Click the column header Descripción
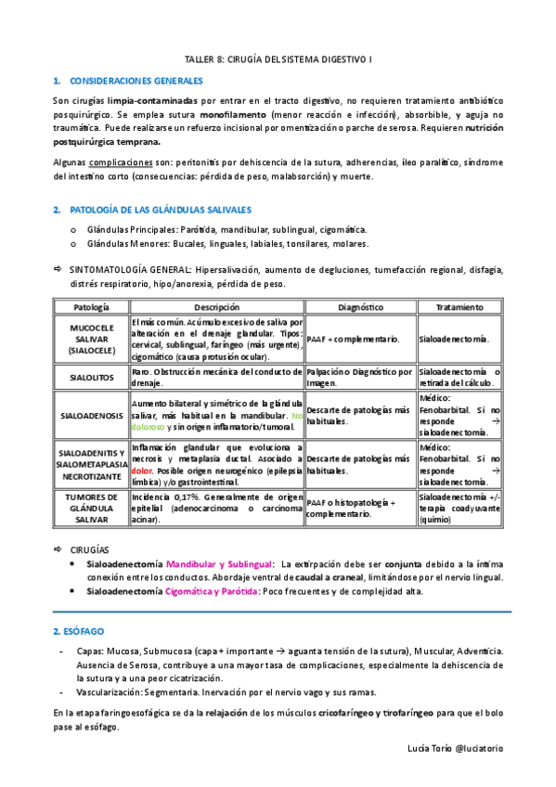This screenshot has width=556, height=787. [216, 306]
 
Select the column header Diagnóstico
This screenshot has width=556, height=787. [359, 306]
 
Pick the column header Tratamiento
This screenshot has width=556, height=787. [459, 306]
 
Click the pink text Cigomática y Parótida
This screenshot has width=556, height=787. [213, 590]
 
